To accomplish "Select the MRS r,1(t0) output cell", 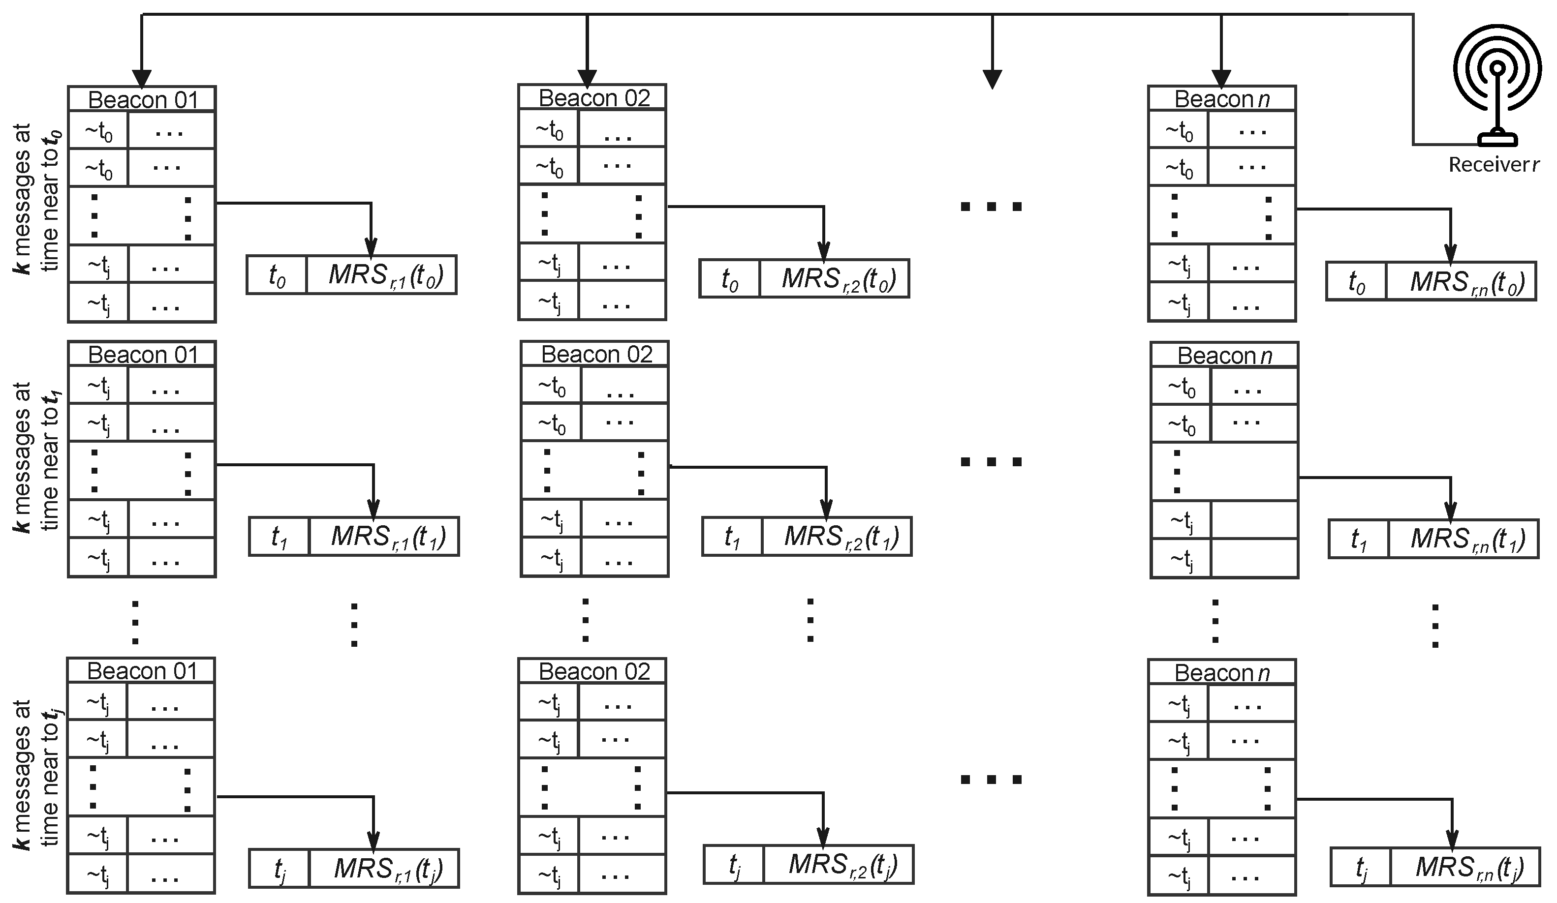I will [x=381, y=275].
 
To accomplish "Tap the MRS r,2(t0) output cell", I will [x=834, y=278].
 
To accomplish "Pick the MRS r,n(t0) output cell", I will [x=1461, y=282].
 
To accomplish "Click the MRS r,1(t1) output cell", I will [x=384, y=537].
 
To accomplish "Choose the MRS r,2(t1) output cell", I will [x=837, y=537].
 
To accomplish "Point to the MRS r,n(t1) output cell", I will [x=1463, y=539].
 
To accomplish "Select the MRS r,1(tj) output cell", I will [x=384, y=869].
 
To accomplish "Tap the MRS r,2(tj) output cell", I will [x=839, y=865].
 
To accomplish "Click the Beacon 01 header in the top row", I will [x=142, y=99].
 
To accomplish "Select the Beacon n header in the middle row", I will [x=1224, y=356].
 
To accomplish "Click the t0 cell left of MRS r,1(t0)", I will [x=277, y=275].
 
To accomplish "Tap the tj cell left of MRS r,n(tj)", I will [x=1361, y=867].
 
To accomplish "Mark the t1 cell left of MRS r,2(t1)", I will [x=732, y=537].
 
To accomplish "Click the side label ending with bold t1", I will [x=35, y=457].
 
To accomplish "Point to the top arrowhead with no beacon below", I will [x=992, y=80].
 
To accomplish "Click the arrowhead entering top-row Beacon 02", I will [x=587, y=77].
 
